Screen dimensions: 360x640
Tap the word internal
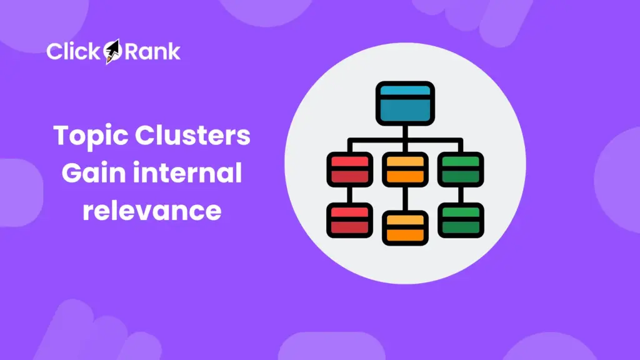pyautogui.click(x=187, y=173)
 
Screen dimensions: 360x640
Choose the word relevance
pyautogui.click(x=152, y=211)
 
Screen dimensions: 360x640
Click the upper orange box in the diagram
pyautogui.click(x=404, y=169)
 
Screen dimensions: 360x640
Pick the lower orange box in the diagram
pyautogui.click(x=404, y=228)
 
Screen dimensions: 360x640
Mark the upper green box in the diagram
pyautogui.click(x=461, y=169)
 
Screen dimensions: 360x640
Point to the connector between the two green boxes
pyautogui.click(x=461, y=194)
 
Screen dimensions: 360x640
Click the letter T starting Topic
pyautogui.click(x=61, y=136)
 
